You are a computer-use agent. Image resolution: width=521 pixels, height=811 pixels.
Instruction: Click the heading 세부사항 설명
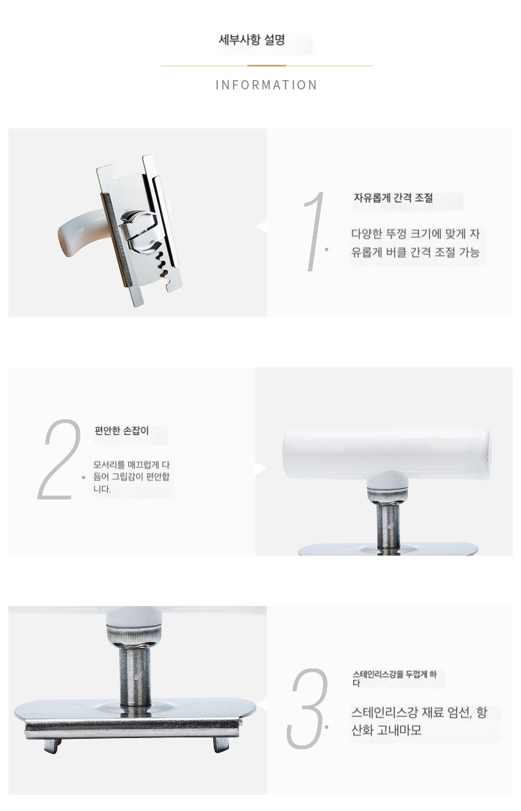251,39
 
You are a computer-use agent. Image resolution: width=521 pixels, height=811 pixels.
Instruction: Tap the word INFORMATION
266,85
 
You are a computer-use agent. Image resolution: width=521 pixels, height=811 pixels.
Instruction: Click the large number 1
314,231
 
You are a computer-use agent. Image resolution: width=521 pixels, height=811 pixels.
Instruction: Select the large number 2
59,459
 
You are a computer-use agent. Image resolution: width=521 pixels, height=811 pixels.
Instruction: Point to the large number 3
307,708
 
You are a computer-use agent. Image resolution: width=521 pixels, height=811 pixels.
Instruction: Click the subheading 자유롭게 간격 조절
393,198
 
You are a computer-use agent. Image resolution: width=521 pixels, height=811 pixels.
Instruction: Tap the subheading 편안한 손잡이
122,431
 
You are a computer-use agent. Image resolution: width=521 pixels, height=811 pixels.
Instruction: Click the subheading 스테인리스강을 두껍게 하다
395,678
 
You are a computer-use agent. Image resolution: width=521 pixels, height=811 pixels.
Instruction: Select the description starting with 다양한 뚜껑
416,243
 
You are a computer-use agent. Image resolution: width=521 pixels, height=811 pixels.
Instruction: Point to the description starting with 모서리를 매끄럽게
131,476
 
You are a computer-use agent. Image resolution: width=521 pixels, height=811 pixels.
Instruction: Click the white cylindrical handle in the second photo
387,453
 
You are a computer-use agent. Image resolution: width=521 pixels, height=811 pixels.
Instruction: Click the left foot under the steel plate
53,745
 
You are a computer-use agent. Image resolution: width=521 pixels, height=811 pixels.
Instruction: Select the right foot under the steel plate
220,745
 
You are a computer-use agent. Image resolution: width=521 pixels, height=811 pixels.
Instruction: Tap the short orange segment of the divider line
266,66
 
